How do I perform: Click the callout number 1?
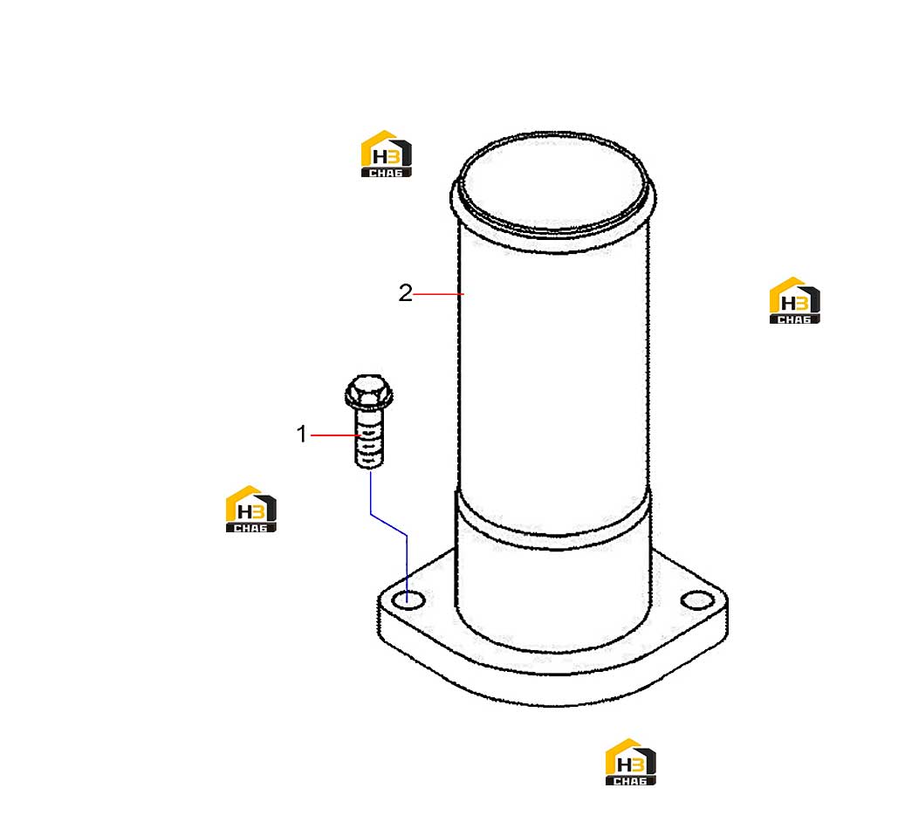302,435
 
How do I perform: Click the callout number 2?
405,292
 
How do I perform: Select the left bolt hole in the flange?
408,600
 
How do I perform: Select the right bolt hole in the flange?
697,600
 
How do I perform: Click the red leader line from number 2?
438,294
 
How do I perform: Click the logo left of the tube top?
386,154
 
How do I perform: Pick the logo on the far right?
794,300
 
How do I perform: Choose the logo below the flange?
631,761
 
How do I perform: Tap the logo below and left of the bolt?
250,509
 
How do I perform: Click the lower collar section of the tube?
553,590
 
